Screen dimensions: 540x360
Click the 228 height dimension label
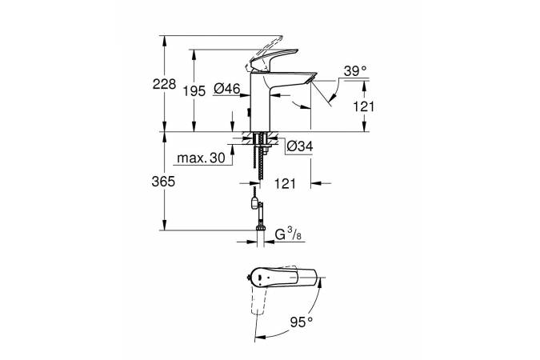pyautogui.click(x=164, y=84)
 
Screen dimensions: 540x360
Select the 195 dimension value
pyautogui.click(x=194, y=91)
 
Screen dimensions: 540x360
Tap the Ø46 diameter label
pyautogui.click(x=226, y=89)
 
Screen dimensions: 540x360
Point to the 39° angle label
pyautogui.click(x=355, y=71)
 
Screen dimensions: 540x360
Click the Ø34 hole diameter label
pyautogui.click(x=300, y=146)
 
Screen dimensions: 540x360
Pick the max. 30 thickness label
pyautogui.click(x=201, y=158)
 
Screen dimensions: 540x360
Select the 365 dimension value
pyautogui.click(x=163, y=182)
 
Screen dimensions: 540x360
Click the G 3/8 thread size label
pyautogui.click(x=288, y=234)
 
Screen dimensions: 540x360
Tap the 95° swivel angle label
pyautogui.click(x=302, y=322)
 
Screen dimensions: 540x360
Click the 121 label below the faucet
pyautogui.click(x=285, y=184)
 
